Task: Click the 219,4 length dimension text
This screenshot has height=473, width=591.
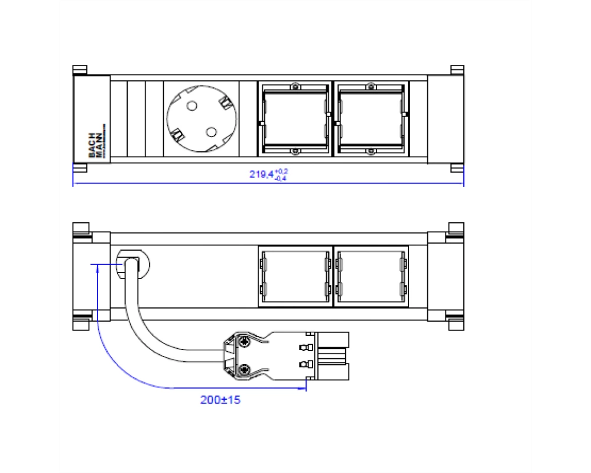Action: pyautogui.click(x=268, y=174)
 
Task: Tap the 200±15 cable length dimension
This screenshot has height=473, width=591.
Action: pyautogui.click(x=220, y=400)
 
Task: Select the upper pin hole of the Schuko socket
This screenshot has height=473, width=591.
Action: pyautogui.click(x=192, y=106)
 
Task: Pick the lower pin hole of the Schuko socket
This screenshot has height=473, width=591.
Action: pyautogui.click(x=211, y=132)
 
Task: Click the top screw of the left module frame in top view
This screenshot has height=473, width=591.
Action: pyautogui.click(x=295, y=86)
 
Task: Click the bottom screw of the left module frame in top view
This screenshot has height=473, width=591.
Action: pyautogui.click(x=295, y=151)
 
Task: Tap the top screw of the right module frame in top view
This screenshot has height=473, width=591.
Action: pyautogui.click(x=371, y=86)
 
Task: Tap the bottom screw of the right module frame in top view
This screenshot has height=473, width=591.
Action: pyautogui.click(x=371, y=151)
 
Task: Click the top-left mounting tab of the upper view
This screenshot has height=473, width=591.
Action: pyautogui.click(x=80, y=70)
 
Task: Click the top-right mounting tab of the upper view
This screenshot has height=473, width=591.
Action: pyautogui.click(x=457, y=70)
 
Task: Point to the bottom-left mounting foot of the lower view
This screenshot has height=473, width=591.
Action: pyautogui.click(x=81, y=323)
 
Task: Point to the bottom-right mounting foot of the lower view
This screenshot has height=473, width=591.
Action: pyautogui.click(x=456, y=323)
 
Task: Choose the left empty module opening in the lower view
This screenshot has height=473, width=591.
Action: pyautogui.click(x=296, y=277)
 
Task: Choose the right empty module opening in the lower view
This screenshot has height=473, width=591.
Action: pyautogui.click(x=371, y=277)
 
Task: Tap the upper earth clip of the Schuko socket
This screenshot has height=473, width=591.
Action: pyautogui.click(x=226, y=102)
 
